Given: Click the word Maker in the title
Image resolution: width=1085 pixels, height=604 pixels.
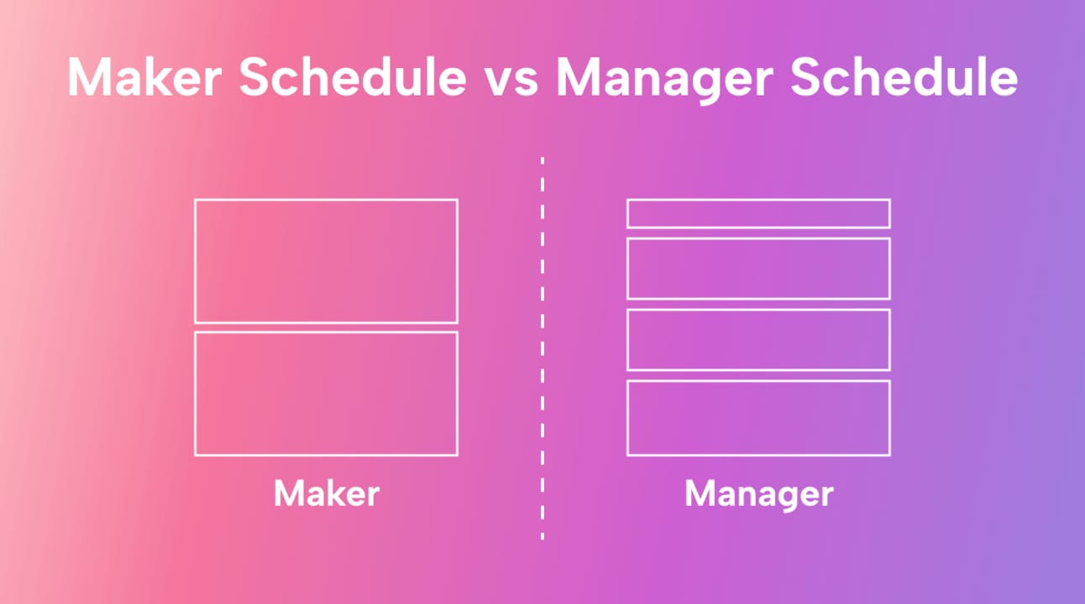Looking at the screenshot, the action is tap(144, 77).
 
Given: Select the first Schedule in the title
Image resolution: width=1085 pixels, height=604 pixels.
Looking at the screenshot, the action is tap(353, 77).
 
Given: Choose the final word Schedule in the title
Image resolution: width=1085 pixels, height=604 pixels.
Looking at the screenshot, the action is tap(904, 77).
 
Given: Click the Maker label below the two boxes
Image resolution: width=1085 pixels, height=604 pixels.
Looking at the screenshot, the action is tap(327, 493).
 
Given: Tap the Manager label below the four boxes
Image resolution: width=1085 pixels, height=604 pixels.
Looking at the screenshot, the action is tap(759, 496).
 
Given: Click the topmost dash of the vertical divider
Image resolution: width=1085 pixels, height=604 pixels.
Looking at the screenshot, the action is tap(542, 161).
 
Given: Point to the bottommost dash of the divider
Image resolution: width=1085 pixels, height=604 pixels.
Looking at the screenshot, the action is tap(542, 536).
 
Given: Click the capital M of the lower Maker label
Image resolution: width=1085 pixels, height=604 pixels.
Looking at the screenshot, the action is tap(289, 493).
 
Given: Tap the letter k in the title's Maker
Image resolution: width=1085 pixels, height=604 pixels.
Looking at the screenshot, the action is tap(157, 77).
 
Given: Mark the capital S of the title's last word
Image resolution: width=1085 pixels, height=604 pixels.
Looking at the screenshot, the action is tap(805, 77).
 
